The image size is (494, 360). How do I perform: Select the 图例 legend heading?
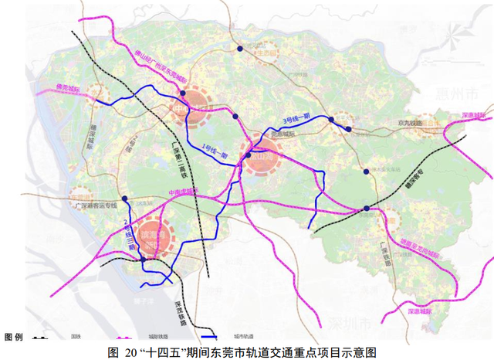coord(14,338)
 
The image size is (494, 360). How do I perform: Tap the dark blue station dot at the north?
coord(240,49)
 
